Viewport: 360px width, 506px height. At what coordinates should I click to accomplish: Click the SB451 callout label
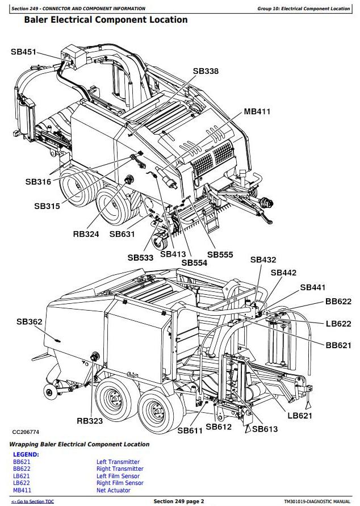coord(23,52)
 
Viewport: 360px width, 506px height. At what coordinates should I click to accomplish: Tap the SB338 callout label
coord(206,71)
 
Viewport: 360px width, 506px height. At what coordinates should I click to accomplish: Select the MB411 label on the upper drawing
coord(257,111)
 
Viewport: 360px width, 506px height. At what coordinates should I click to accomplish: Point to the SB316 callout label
coord(38,182)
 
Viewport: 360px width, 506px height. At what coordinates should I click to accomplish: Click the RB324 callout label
coord(86,233)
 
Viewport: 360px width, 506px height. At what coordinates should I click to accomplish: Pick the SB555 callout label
coord(220,255)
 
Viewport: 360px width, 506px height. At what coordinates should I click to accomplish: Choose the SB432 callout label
coord(263,260)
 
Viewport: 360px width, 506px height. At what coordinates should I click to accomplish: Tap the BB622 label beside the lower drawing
coord(338,302)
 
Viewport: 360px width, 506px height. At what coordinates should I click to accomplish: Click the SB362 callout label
coord(30,321)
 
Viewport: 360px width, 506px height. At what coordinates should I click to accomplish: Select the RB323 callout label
coord(90,421)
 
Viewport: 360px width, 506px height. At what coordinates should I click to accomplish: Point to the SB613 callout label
coord(265,429)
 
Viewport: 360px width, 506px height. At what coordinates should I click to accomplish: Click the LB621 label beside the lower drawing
coord(300,416)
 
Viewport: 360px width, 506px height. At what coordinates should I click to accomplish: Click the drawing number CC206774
coord(27,433)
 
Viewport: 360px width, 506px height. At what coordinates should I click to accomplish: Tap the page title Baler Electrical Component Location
coord(106,20)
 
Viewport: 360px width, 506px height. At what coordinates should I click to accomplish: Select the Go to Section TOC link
coord(33,501)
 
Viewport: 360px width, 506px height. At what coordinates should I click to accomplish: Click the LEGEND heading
coord(26,454)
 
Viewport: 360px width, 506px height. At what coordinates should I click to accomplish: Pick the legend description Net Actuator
coord(113,490)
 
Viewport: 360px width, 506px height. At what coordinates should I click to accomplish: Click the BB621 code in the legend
coord(22,462)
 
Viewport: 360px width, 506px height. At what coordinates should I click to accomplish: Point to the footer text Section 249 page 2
coord(178,501)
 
